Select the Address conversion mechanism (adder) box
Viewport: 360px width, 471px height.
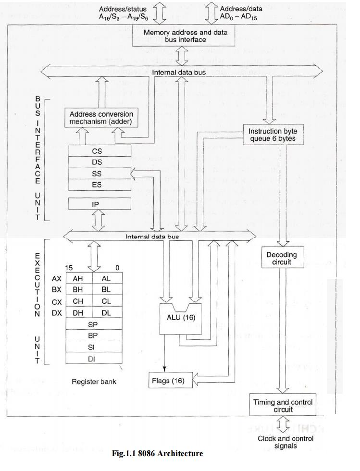point(101,118)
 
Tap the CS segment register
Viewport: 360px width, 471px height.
point(97,151)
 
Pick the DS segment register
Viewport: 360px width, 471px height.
point(97,162)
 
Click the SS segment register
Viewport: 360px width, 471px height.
point(97,174)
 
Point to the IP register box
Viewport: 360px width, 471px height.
point(97,204)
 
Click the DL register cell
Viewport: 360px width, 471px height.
point(106,313)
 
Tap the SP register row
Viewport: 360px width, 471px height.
point(94,324)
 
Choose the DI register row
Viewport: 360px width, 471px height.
point(94,359)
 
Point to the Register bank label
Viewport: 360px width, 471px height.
point(94,382)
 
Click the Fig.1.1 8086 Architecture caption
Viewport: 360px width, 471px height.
point(157,453)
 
